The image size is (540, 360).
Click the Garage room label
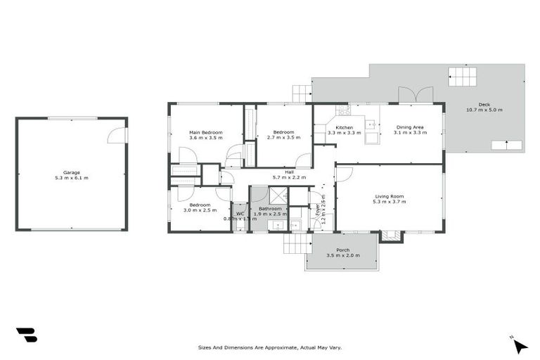(71, 172)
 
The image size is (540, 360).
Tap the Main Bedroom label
(205, 132)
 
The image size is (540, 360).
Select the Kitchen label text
(344, 127)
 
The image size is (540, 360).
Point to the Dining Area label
(410, 127)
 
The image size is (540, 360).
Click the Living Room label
(390, 197)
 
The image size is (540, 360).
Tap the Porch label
(342, 250)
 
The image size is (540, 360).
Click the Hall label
(289, 172)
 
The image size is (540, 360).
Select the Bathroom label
(269, 209)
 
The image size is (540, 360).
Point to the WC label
(240, 214)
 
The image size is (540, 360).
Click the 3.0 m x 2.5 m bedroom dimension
(200, 210)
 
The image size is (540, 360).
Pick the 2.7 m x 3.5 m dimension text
(283, 138)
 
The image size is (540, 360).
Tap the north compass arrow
(519, 345)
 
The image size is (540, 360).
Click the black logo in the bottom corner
(27, 335)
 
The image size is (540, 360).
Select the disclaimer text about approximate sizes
(270, 347)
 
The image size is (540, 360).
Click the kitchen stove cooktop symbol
(343, 110)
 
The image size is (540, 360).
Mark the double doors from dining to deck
(415, 95)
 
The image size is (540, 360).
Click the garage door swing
(117, 135)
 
